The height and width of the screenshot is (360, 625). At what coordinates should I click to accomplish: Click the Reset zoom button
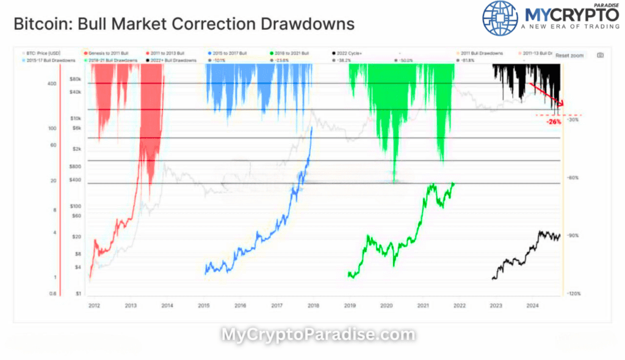tap(569, 56)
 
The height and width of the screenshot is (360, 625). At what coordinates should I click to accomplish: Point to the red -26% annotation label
tap(554, 122)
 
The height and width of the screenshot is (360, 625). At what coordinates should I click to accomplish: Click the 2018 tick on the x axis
tap(312, 305)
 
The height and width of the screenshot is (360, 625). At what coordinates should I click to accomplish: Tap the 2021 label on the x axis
tap(422, 305)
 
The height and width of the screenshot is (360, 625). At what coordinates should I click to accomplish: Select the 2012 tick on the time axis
tap(94, 305)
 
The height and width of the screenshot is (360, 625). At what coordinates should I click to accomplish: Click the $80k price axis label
tap(76, 79)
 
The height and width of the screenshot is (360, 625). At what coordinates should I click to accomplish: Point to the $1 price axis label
tap(78, 293)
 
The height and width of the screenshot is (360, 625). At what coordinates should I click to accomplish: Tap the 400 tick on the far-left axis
tap(52, 84)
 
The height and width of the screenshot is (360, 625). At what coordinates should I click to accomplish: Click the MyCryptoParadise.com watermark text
tap(317, 334)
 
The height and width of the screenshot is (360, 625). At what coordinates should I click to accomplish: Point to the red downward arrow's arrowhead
tap(562, 106)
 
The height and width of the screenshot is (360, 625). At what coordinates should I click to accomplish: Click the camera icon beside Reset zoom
tap(600, 56)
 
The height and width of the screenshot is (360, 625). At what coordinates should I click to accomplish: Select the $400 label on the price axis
tap(75, 179)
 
